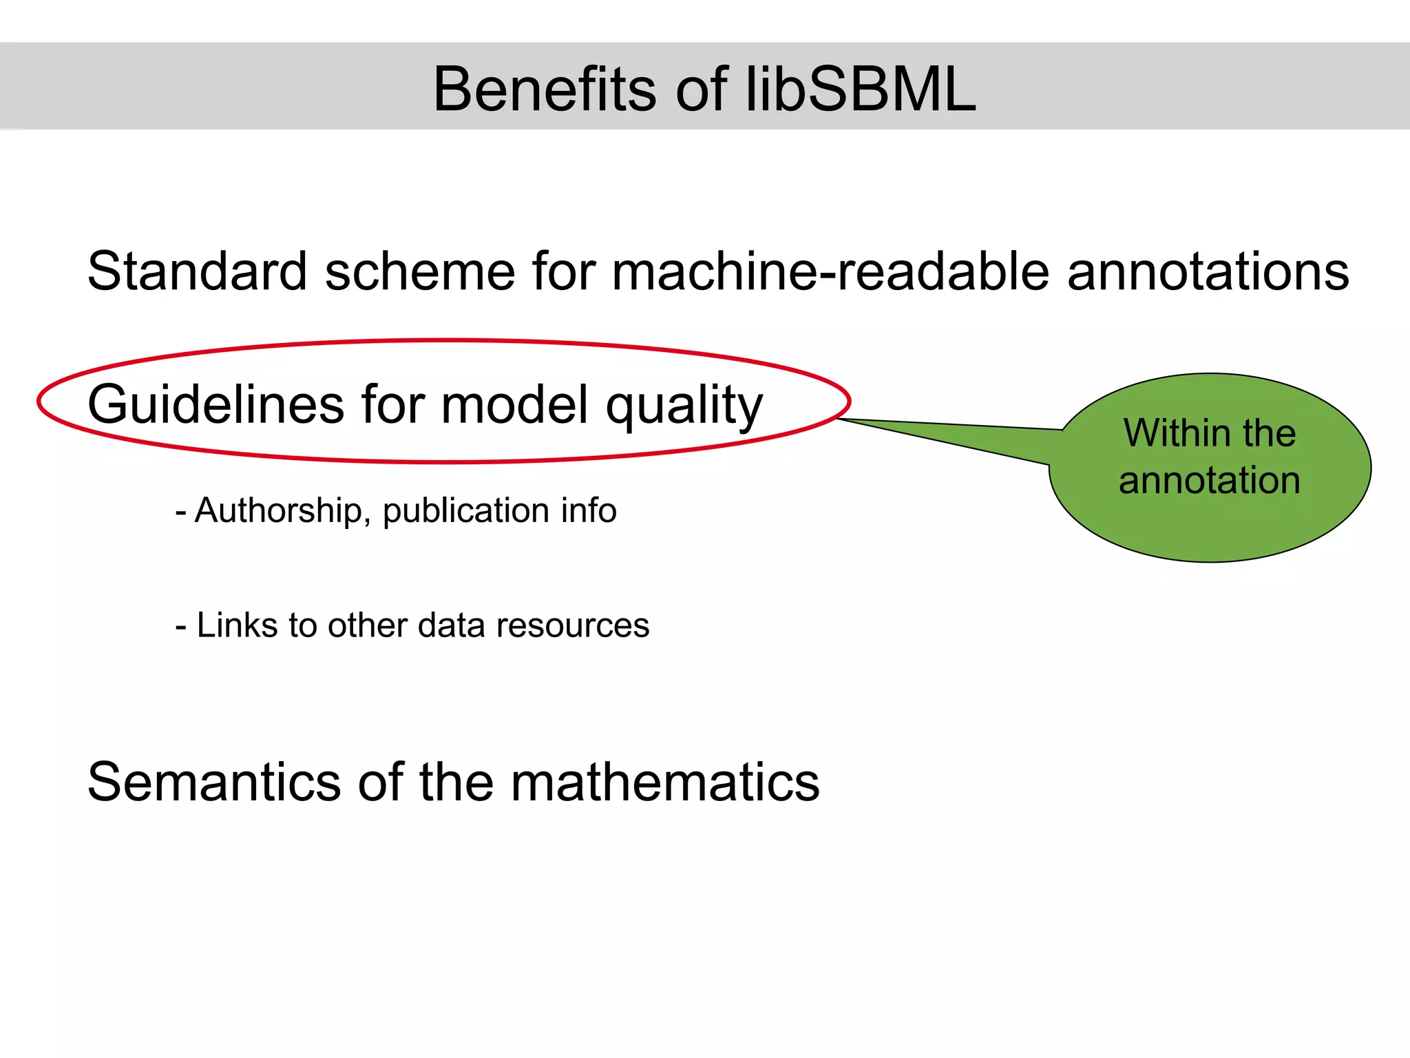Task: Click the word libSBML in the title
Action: [x=861, y=90]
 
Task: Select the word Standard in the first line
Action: [x=197, y=271]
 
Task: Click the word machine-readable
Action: [x=830, y=271]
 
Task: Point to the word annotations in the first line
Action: [x=1208, y=271]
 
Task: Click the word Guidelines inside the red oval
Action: [x=215, y=405]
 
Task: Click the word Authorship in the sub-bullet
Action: [x=278, y=511]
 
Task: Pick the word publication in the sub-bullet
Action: [x=466, y=511]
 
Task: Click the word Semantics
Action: [x=214, y=782]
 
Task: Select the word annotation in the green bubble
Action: [x=1210, y=480]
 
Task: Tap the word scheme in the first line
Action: [x=420, y=271]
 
